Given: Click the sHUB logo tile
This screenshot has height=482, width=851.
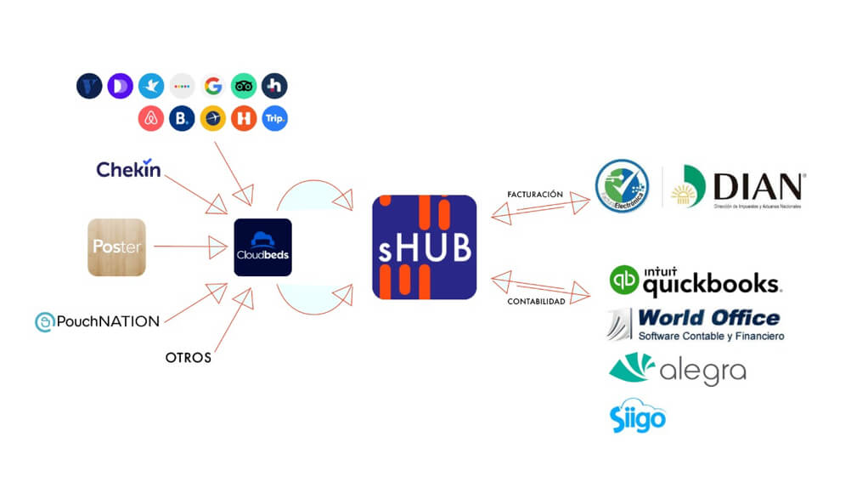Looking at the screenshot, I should point(424,247).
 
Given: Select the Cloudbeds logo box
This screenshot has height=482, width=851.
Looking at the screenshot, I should point(262,247).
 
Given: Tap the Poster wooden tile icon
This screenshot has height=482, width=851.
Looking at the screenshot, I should point(116,247).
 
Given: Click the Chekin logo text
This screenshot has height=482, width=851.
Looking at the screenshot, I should point(128,169).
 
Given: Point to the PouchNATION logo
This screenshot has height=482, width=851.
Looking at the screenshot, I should point(97,321).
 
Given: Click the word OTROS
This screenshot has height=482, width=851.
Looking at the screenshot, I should point(188,358).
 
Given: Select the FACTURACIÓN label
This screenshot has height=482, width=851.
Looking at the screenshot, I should point(534,195).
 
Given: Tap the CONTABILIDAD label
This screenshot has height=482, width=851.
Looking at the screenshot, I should point(536,301).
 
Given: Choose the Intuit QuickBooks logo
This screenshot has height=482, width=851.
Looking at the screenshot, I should point(695,281).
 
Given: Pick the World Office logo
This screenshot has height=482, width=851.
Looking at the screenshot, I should point(696,324).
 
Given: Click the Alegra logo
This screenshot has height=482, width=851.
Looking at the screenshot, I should point(677,369).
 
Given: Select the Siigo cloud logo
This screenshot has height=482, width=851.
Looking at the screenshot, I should point(637,416).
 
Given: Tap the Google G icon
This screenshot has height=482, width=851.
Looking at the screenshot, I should point(213,86).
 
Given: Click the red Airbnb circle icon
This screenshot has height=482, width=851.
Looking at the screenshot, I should point(151,119).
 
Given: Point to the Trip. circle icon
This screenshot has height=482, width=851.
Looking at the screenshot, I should point(274,119).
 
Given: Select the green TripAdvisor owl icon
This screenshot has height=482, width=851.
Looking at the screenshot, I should point(244,86).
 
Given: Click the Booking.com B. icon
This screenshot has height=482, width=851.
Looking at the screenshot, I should point(182,119).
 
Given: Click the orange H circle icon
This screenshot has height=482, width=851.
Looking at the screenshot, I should point(244,119).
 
